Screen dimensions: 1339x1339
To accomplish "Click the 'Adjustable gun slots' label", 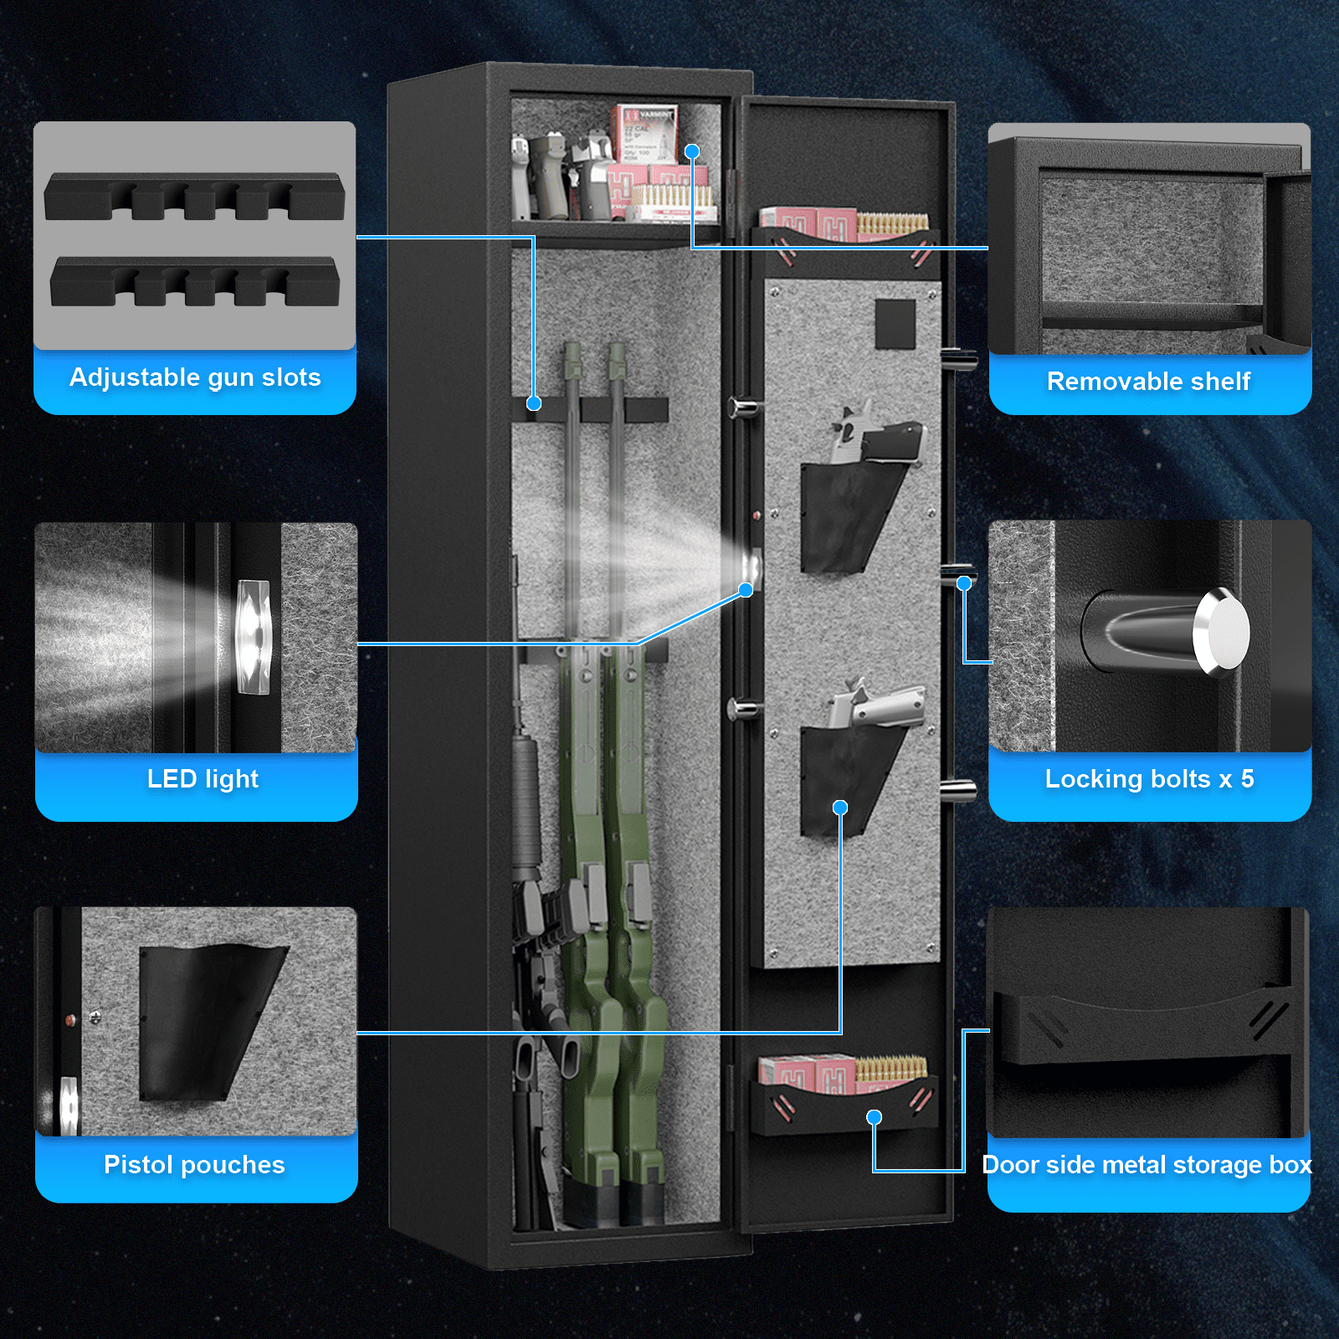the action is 195,377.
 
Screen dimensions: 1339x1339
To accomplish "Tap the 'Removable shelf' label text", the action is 1148,382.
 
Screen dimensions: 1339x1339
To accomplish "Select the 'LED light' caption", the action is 203,779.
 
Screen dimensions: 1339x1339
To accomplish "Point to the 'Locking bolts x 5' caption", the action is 1149,779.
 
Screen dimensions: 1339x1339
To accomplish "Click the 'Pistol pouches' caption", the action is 194,1165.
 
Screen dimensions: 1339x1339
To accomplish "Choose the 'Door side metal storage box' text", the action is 1147,1165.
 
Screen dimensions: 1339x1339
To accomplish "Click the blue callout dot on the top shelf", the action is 692,151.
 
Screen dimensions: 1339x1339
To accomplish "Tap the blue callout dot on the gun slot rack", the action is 534,403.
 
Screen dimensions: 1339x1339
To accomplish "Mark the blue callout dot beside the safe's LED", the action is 746,590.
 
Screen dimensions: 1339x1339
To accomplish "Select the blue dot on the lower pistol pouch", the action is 840,808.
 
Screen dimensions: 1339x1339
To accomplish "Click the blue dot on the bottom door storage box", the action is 874,1117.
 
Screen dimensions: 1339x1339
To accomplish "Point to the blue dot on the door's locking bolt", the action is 964,583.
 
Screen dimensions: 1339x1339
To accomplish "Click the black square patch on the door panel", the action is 895,325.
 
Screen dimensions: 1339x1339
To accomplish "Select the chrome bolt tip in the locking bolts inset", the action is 1222,632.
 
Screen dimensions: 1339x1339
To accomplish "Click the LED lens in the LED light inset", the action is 254,637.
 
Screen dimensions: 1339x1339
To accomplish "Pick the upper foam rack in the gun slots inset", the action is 194,197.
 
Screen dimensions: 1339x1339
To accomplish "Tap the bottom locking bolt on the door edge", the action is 957,789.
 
